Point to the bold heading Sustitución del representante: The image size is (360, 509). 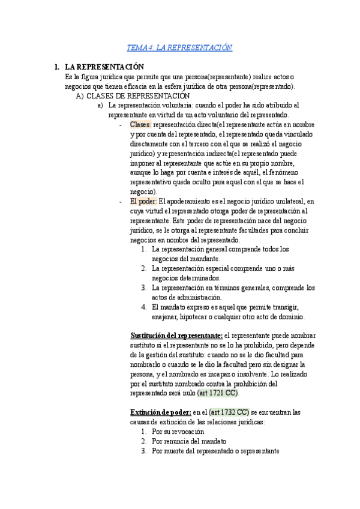[x=176, y=334]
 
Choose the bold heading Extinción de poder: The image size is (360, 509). [x=160, y=412]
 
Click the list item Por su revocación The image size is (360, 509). [x=178, y=432]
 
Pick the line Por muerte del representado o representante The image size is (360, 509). [x=215, y=451]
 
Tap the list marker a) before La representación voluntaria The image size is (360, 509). [x=100, y=105]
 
